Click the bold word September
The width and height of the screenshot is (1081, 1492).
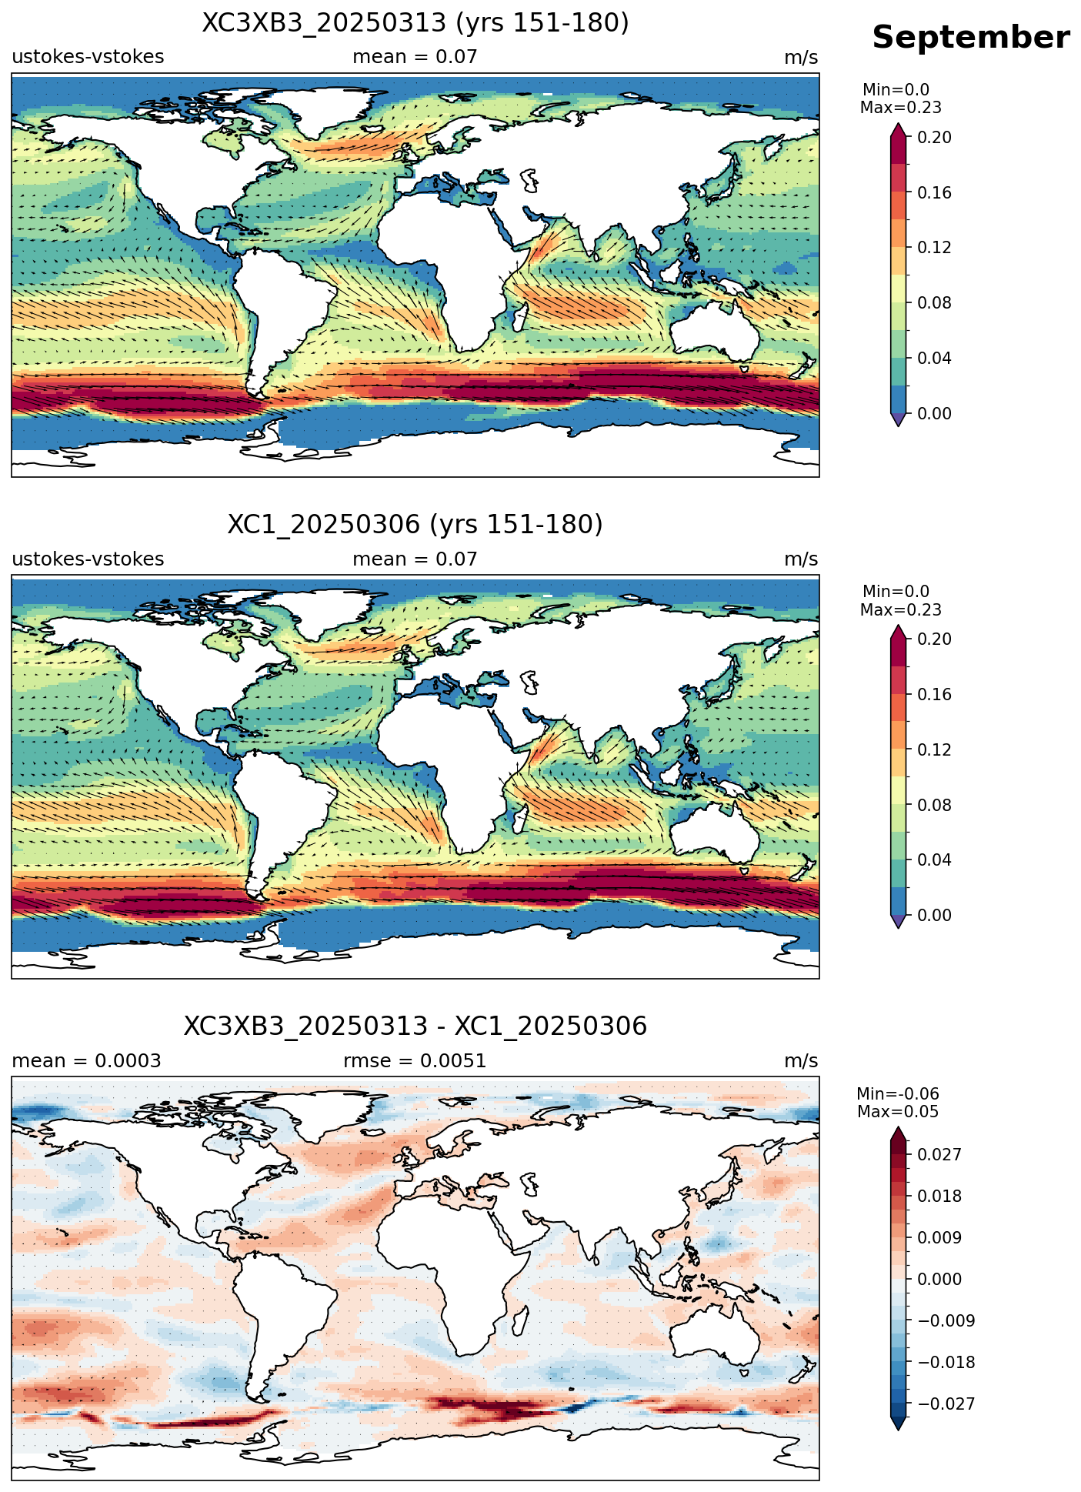pyautogui.click(x=971, y=38)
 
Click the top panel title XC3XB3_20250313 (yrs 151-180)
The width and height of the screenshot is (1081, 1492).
pyautogui.click(x=415, y=23)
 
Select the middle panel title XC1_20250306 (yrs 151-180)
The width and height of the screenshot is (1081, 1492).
pyautogui.click(x=415, y=525)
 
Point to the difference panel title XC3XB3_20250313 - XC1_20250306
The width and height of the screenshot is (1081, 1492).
pyautogui.click(x=415, y=1026)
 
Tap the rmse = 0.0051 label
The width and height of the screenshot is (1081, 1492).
pyautogui.click(x=415, y=1061)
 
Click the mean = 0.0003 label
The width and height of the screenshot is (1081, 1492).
pyautogui.click(x=86, y=1061)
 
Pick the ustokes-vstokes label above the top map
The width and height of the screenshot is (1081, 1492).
pyautogui.click(x=88, y=57)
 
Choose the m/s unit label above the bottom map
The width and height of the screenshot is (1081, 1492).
pyautogui.click(x=801, y=1061)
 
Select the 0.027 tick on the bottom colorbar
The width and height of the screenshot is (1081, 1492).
pyautogui.click(x=939, y=1154)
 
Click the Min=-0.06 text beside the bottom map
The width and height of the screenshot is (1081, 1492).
pyautogui.click(x=898, y=1094)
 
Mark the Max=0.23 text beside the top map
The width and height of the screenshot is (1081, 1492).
pyautogui.click(x=901, y=108)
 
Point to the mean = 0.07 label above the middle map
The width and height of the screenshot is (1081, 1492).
pyautogui.click(x=415, y=559)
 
